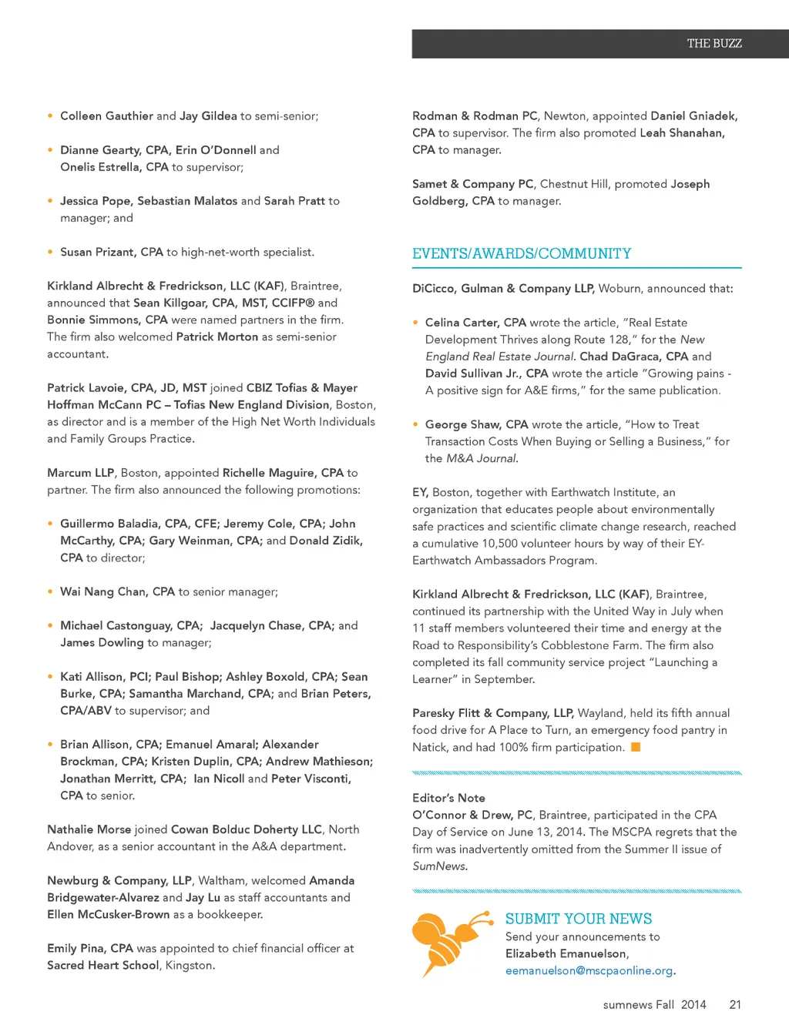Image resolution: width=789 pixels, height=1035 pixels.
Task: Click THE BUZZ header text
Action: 713,44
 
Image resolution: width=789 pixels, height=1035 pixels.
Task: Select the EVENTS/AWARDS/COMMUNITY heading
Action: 522,254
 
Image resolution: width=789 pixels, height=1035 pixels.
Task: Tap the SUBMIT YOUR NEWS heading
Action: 578,919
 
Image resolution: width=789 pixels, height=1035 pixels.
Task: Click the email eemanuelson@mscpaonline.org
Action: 589,971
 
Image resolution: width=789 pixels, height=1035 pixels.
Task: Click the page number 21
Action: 735,1005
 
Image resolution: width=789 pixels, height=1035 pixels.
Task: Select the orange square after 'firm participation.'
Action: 636,747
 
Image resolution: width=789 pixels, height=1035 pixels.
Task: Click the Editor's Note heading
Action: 448,799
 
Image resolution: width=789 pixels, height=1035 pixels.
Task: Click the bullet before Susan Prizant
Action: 51,252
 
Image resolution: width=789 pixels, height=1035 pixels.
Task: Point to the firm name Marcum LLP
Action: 80,473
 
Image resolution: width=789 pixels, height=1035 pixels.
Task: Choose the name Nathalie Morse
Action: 89,830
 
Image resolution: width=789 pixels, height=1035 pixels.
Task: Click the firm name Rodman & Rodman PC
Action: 475,116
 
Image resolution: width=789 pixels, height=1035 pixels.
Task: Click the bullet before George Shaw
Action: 416,424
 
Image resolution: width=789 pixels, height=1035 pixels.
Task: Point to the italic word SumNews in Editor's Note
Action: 439,866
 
